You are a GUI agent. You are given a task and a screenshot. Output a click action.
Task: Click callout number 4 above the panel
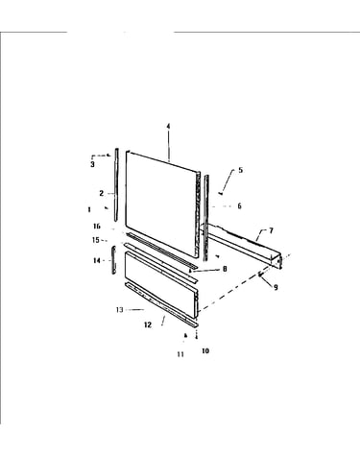point(168,127)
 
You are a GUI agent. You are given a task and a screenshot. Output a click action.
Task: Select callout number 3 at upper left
point(92,164)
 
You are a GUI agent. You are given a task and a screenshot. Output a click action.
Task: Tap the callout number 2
point(102,193)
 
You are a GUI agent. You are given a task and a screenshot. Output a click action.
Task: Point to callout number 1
point(89,209)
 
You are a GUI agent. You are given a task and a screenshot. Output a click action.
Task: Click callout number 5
point(240,170)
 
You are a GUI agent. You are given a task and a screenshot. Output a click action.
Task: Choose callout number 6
point(239,205)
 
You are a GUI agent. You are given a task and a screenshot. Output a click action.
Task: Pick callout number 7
point(271,230)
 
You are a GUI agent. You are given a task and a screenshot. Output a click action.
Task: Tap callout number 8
point(225,269)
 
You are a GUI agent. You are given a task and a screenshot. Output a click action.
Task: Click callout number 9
point(276,287)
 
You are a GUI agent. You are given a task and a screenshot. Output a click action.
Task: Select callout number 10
point(205,350)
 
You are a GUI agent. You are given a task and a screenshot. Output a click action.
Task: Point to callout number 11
point(180,354)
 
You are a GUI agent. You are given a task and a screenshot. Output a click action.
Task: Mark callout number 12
point(148,324)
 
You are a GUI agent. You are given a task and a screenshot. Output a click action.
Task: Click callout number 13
point(120,310)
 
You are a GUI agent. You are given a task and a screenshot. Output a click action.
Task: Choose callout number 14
point(97,260)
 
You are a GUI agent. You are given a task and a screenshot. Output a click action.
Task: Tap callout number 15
point(96,240)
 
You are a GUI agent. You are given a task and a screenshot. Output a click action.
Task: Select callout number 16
point(97,227)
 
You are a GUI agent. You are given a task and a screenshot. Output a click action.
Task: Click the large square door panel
point(161,204)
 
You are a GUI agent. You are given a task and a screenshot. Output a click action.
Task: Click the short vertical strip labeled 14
point(113,260)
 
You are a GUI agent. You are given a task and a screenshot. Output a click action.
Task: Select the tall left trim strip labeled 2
point(116,184)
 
